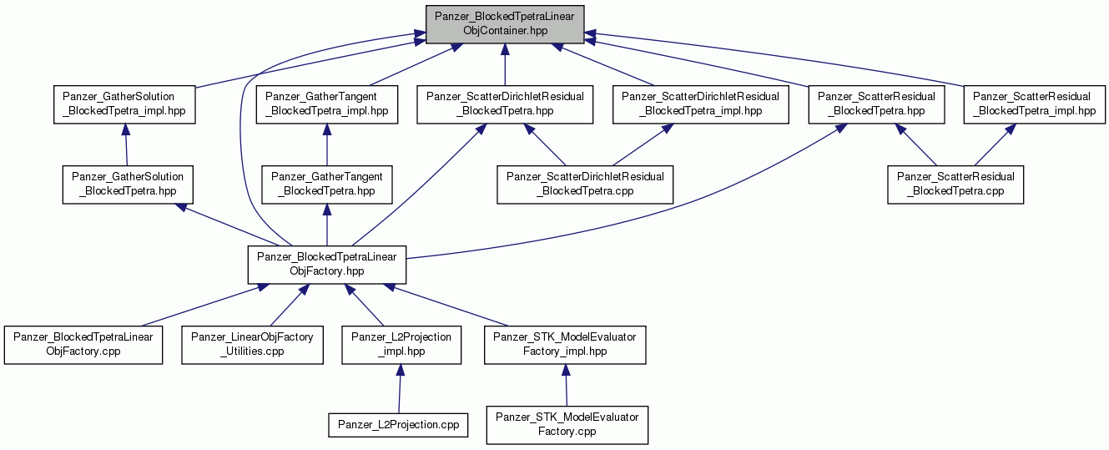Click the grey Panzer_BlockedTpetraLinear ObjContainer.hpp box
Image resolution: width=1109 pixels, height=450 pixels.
[505, 24]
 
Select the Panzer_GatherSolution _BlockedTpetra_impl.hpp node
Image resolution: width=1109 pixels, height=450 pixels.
[124, 104]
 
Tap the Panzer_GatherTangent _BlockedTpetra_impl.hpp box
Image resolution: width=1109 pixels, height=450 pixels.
[327, 104]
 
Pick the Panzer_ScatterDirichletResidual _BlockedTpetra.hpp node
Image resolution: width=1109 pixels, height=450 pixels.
[505, 104]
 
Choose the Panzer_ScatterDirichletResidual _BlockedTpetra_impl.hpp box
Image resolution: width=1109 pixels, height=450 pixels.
[701, 104]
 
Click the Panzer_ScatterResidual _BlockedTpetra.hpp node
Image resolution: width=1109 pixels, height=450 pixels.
[876, 104]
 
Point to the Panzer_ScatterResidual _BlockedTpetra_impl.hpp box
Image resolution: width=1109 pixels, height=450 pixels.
[1034, 104]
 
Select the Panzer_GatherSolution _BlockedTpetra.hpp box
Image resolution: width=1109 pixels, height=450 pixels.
[128, 185]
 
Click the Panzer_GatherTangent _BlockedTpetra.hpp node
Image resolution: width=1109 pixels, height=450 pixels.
[327, 185]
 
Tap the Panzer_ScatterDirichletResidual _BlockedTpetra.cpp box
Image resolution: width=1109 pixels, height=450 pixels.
[585, 185]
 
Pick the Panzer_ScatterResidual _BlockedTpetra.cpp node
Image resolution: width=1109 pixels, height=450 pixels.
[955, 185]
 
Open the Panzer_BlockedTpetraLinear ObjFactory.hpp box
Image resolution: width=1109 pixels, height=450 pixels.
[327, 265]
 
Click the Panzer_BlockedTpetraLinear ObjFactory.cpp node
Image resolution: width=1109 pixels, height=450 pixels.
[83, 345]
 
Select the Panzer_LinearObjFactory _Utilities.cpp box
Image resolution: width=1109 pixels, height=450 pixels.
[253, 345]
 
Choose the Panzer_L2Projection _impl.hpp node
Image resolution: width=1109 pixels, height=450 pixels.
[401, 345]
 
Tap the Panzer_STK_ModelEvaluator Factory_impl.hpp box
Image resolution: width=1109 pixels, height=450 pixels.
[565, 345]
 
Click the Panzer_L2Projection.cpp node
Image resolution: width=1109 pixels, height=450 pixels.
[398, 425]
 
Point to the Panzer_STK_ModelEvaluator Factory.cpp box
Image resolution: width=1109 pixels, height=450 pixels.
[567, 425]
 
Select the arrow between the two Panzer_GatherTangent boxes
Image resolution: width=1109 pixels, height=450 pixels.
[327, 144]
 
